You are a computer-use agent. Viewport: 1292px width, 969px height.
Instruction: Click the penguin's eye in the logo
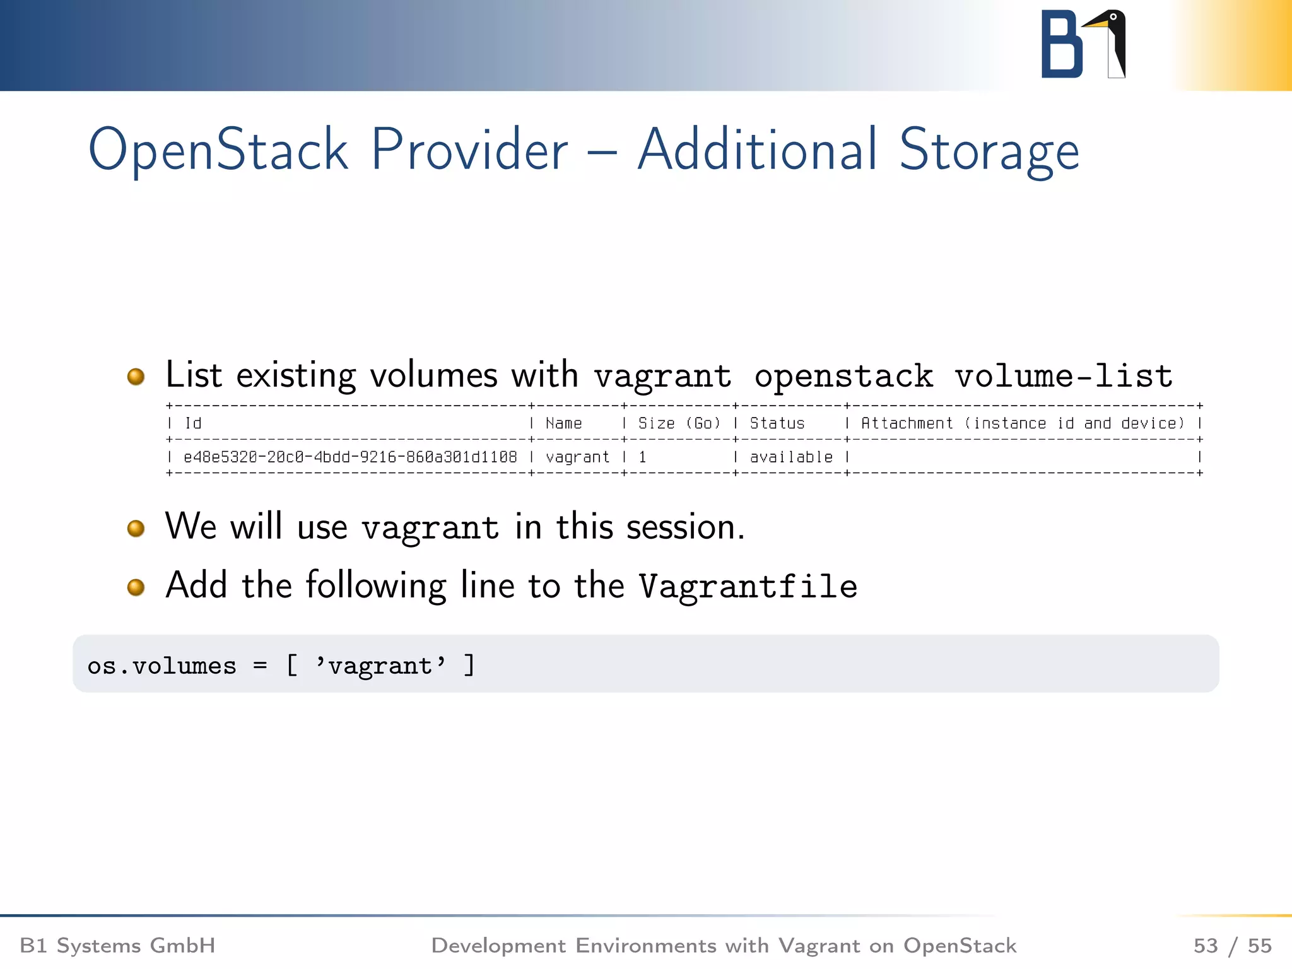pyautogui.click(x=1113, y=17)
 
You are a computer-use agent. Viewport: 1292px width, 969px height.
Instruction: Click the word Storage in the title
pyautogui.click(x=989, y=150)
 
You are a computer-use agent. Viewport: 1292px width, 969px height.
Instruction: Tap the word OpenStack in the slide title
pyautogui.click(x=218, y=150)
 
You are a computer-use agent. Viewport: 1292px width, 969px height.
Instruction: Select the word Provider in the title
pyautogui.click(x=469, y=150)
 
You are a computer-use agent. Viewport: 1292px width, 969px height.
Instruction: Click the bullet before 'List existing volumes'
pyautogui.click(x=136, y=377)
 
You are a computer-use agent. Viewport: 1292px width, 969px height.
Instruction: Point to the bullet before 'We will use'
pyautogui.click(x=136, y=528)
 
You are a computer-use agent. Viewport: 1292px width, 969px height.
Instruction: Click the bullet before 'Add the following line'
pyautogui.click(x=136, y=587)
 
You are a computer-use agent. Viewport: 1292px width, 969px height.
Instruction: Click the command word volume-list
pyautogui.click(x=1063, y=377)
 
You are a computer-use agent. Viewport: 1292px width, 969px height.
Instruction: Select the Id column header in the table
pyautogui.click(x=193, y=423)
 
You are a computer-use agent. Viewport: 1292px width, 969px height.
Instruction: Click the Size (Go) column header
pyautogui.click(x=679, y=423)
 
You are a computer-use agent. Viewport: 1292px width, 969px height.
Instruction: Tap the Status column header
pyautogui.click(x=777, y=423)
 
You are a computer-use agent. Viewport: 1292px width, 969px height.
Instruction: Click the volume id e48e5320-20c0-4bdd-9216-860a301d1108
pyautogui.click(x=350, y=457)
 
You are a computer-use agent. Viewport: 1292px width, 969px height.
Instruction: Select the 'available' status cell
pyautogui.click(x=791, y=457)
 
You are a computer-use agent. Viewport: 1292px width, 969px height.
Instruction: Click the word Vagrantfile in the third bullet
pyautogui.click(x=748, y=586)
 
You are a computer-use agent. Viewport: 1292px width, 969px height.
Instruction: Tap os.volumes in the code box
pyautogui.click(x=161, y=666)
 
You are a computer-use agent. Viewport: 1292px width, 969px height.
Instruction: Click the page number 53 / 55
pyautogui.click(x=1232, y=946)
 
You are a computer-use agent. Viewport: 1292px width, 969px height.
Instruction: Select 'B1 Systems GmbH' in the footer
pyautogui.click(x=118, y=946)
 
